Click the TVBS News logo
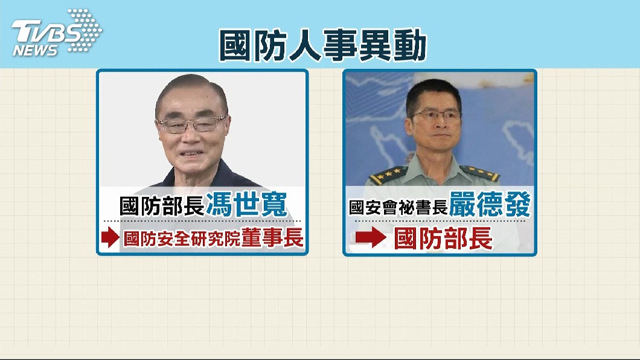[x=57, y=33]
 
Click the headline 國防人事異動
[x=323, y=45]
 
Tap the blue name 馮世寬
[x=247, y=205]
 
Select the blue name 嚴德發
[x=490, y=205]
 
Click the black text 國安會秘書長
[x=398, y=207]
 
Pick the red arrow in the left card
[x=110, y=237]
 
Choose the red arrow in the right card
[x=371, y=237]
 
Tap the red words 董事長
[x=272, y=237]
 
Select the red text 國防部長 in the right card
[x=443, y=239]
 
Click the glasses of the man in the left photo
[x=191, y=124]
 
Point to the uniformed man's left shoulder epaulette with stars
[x=388, y=175]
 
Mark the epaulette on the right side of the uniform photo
[x=480, y=173]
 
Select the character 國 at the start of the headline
[x=235, y=45]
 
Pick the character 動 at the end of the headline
[x=410, y=45]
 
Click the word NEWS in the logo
[x=35, y=50]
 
